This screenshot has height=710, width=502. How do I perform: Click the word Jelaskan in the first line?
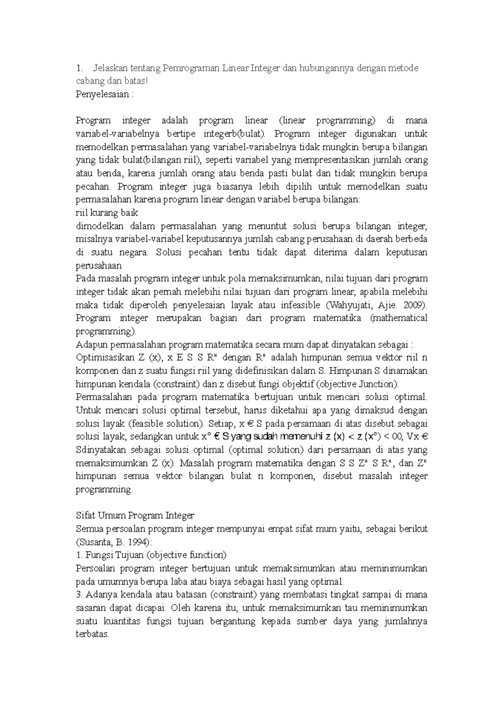click(x=110, y=68)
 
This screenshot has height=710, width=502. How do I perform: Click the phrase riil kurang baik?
click(x=107, y=213)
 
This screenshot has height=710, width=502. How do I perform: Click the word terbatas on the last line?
click(x=92, y=634)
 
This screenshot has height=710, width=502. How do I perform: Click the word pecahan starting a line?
click(x=93, y=187)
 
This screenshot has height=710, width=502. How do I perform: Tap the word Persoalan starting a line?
click(x=95, y=569)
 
